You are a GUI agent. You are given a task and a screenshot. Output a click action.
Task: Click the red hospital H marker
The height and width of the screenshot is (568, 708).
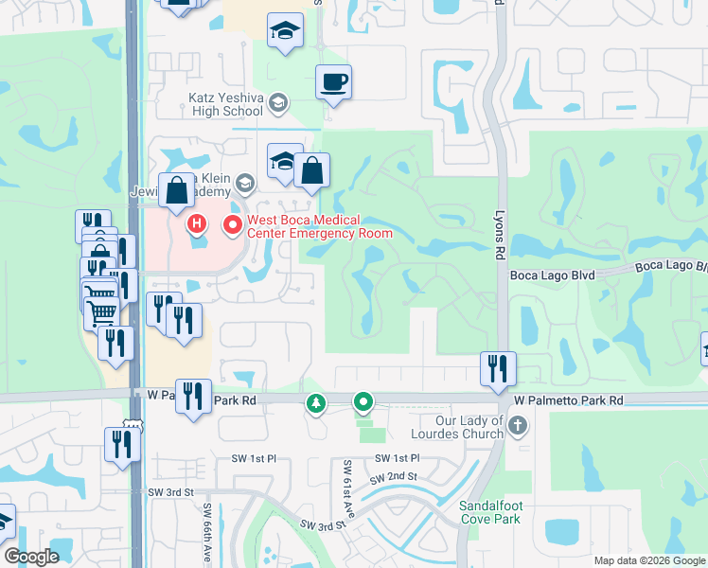[x=197, y=224]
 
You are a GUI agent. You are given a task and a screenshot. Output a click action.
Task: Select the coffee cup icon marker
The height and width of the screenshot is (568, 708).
[x=332, y=82]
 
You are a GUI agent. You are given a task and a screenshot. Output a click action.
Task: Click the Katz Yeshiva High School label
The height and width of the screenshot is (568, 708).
[x=225, y=104]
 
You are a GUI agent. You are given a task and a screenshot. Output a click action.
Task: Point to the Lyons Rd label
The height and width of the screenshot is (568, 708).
[x=499, y=235]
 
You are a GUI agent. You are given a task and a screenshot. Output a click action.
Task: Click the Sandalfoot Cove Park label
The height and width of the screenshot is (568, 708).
[x=490, y=512]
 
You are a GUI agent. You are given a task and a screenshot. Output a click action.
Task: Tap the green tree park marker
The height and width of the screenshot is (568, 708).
[x=315, y=404]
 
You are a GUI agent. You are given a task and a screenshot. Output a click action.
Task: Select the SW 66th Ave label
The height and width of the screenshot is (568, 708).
[x=206, y=532]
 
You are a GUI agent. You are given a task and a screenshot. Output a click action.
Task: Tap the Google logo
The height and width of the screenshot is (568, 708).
[x=32, y=557]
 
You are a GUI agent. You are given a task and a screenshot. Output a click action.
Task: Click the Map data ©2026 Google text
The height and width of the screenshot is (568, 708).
[x=648, y=560]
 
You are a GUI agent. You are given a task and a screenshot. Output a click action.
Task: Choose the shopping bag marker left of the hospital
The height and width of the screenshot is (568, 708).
[x=177, y=190]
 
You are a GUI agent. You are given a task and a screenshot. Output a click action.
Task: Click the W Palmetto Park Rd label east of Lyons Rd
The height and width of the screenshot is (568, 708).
[x=568, y=401]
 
